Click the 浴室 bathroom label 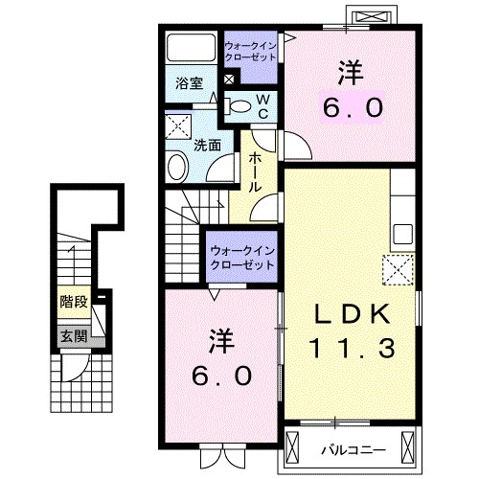coord(189,83)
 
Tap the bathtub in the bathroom coord(192,47)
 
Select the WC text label coord(263,107)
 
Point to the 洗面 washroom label coord(208,146)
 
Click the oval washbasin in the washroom coord(177,167)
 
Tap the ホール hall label coord(255,171)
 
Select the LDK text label coord(353,314)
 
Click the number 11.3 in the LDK coord(353,348)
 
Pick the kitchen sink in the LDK coord(402,234)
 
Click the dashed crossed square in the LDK coord(398,270)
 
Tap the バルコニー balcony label coord(354,450)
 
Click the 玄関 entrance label coord(74,336)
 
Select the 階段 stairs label coord(74,302)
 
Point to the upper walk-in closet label coord(250,52)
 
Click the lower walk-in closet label coord(242,258)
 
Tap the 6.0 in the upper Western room coord(353,107)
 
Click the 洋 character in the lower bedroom coord(221,342)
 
